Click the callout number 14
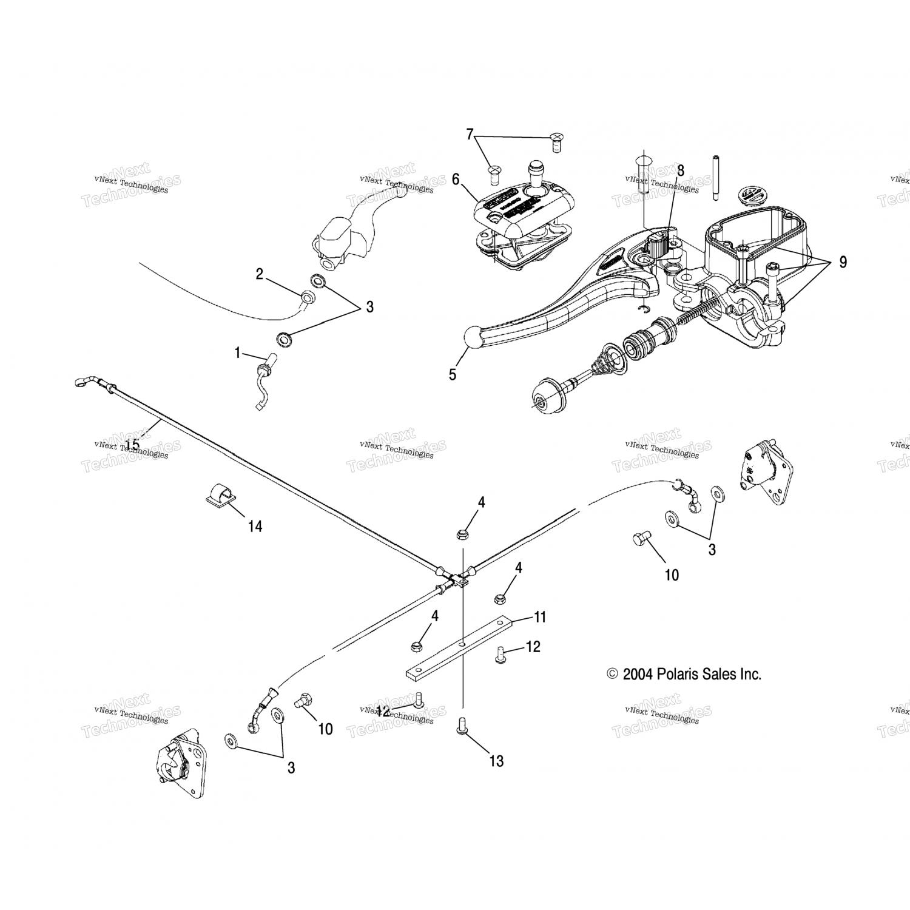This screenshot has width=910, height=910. pos(255,527)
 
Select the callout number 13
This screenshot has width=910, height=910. pos(496,761)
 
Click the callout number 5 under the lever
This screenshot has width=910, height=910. pos(453,374)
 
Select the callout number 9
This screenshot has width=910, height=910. pos(842,262)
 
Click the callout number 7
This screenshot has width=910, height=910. pos(469,134)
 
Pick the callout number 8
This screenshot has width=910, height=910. pos(681,170)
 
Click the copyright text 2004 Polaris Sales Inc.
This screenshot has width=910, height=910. pos(684,674)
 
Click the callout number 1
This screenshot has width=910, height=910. pos(238,352)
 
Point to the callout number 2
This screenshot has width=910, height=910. pos(259,274)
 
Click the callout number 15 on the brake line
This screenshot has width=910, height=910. pos(132,445)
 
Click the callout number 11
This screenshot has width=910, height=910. pos(540,618)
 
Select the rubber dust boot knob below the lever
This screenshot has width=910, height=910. pos(546,396)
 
